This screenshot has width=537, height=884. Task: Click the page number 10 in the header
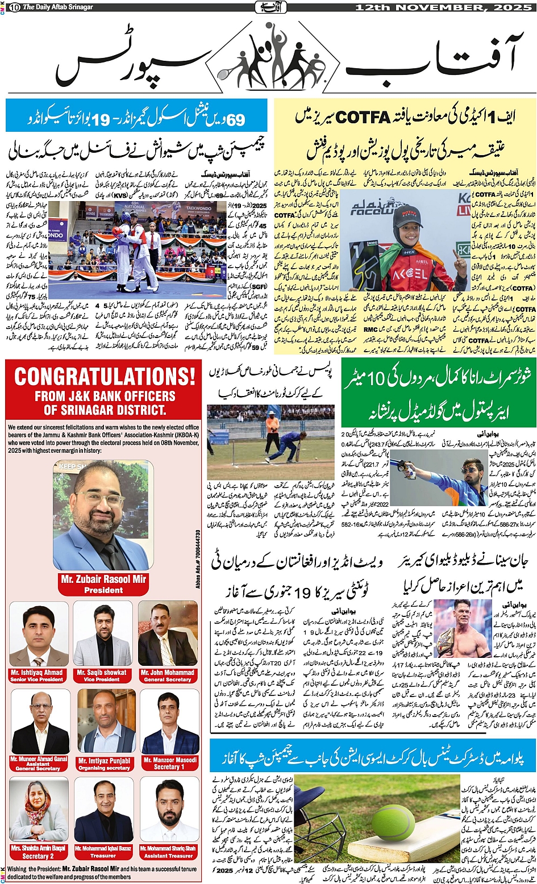pos(14,7)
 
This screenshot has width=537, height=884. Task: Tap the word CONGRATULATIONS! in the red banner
pos(104,376)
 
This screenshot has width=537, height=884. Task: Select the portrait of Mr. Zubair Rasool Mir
pos(103,515)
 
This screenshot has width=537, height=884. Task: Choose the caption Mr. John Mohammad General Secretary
pos(168,675)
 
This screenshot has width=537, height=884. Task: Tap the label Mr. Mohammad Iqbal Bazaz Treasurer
pos(103,851)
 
